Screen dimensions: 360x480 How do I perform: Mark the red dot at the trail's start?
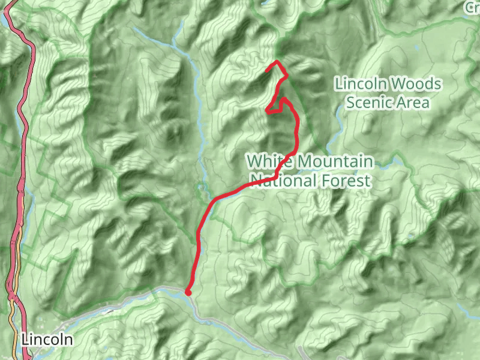pyautogui.click(x=188, y=292)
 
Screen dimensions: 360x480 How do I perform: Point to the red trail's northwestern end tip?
pyautogui.click(x=266, y=71)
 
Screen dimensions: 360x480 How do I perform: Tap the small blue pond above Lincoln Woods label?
pyautogui.click(x=415, y=46)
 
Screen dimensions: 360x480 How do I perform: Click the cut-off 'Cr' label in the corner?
pyautogui.click(x=472, y=7)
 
